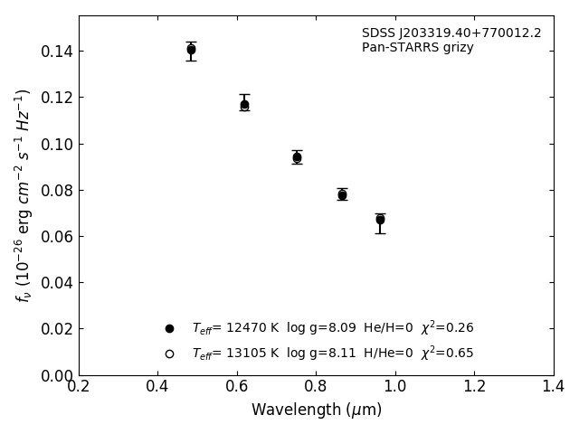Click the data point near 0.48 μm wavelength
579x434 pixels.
pyautogui.click(x=191, y=50)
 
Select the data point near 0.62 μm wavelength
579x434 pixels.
pyautogui.click(x=244, y=105)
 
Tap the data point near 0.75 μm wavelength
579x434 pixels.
pyautogui.click(x=297, y=157)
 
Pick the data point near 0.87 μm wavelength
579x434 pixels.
pyautogui.click(x=342, y=194)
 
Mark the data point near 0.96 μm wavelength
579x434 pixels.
pyautogui.click(x=380, y=219)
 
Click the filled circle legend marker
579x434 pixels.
pyautogui.click(x=169, y=328)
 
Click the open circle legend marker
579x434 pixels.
pyautogui.click(x=169, y=354)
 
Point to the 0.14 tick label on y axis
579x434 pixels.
pyautogui.click(x=56, y=52)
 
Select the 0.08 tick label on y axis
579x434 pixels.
pyautogui.click(x=56, y=191)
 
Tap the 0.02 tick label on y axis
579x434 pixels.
pyautogui.click(x=56, y=329)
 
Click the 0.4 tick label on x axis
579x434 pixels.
pyautogui.click(x=157, y=387)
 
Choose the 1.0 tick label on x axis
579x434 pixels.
pyautogui.click(x=395, y=387)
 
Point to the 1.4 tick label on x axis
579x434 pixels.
pyautogui.click(x=553, y=387)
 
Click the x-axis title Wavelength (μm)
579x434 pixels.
pyautogui.click(x=317, y=410)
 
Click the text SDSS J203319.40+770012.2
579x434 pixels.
pyautogui.click(x=451, y=33)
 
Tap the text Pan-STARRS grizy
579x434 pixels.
pyautogui.click(x=418, y=48)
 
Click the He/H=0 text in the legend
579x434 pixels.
pyautogui.click(x=388, y=328)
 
